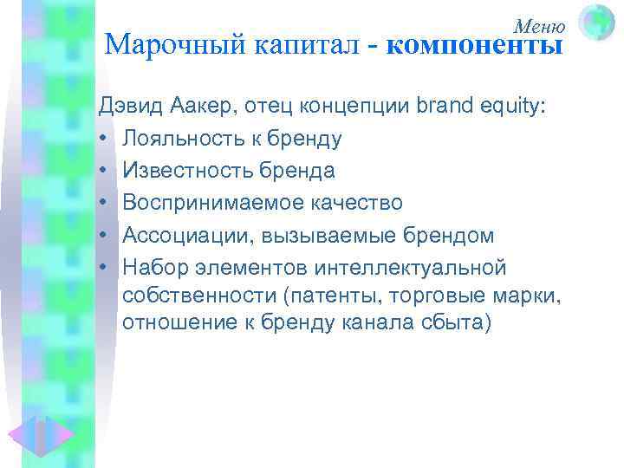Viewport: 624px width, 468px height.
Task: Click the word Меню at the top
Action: coord(540,26)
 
